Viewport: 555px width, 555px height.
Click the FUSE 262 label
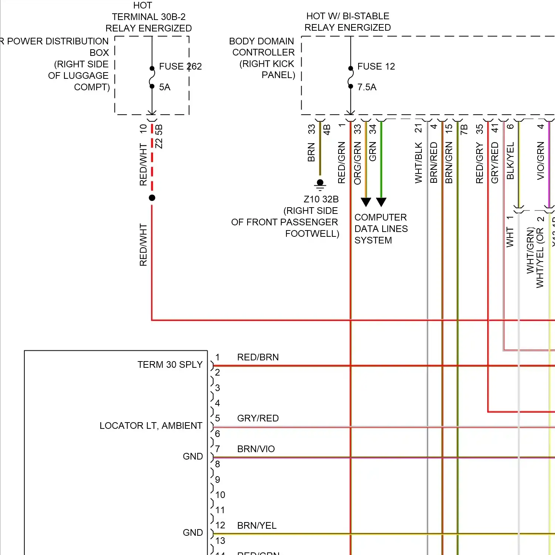pyautogui.click(x=180, y=67)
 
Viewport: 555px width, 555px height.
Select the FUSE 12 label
pyautogui.click(x=376, y=67)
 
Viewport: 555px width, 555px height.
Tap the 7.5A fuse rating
pyautogui.click(x=367, y=87)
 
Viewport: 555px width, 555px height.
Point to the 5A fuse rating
pyautogui.click(x=165, y=87)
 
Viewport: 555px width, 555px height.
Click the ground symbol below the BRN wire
pyautogui.click(x=320, y=185)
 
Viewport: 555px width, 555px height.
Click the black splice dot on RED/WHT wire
pyautogui.click(x=152, y=198)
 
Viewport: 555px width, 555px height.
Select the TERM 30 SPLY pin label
pyautogui.click(x=170, y=365)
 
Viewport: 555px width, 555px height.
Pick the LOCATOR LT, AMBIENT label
pyautogui.click(x=151, y=426)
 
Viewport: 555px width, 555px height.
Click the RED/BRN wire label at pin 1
pyautogui.click(x=258, y=357)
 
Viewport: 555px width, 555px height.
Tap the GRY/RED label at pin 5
pyautogui.click(x=258, y=418)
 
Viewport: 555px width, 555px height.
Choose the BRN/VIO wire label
pyautogui.click(x=256, y=449)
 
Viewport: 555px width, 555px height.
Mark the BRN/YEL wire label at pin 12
pyautogui.click(x=257, y=526)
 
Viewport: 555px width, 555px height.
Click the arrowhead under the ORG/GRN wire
pyautogui.click(x=366, y=202)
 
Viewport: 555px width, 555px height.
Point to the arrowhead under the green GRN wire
pyautogui.click(x=381, y=202)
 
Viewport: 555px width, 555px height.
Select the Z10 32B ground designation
pyautogui.click(x=321, y=199)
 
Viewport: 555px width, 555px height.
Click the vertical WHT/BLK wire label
pyautogui.click(x=418, y=163)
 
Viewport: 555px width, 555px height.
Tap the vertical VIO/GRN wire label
pyautogui.click(x=541, y=161)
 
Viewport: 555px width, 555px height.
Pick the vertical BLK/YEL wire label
pyautogui.click(x=510, y=161)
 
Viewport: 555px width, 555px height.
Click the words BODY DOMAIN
pyautogui.click(x=261, y=41)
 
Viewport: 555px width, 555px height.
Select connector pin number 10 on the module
pyautogui.click(x=220, y=495)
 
